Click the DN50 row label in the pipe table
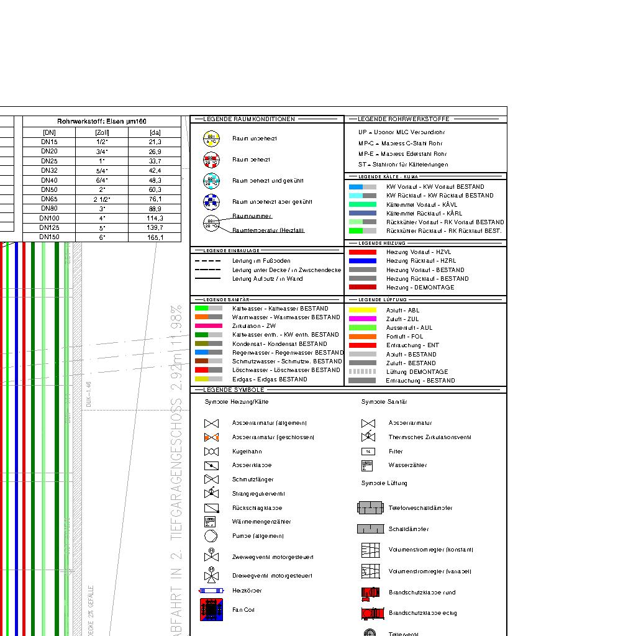[x=49, y=189]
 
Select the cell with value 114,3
[x=155, y=218]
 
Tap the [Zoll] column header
[x=102, y=132]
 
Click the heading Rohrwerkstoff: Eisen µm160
[x=102, y=121]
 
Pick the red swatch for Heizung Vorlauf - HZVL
[x=362, y=252]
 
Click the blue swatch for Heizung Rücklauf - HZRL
[x=362, y=261]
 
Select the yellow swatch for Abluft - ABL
[x=362, y=310]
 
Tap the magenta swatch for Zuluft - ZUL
[x=362, y=319]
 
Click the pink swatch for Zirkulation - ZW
[x=208, y=325]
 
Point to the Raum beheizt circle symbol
[x=212, y=160]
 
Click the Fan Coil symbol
[x=211, y=610]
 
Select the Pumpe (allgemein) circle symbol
[x=211, y=535]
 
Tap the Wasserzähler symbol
[x=368, y=465]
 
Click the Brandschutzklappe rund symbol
[x=370, y=593]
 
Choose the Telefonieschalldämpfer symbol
[x=371, y=508]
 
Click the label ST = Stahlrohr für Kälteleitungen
[x=402, y=165]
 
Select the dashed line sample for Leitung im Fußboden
[x=207, y=261]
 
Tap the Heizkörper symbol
[x=211, y=591]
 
